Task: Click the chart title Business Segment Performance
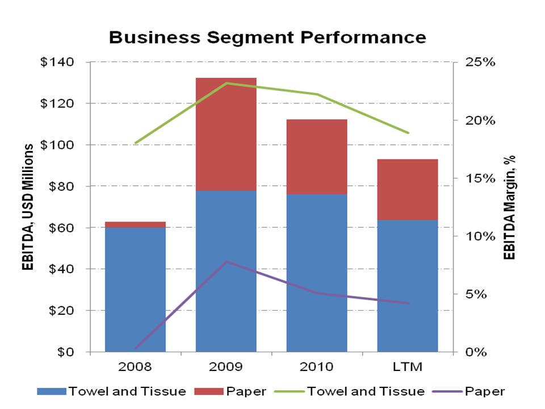(267, 37)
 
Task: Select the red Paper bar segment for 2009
(226, 134)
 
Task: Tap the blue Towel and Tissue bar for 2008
(135, 289)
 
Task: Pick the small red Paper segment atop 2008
(135, 224)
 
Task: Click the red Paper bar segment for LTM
(408, 189)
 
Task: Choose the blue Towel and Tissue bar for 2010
(317, 273)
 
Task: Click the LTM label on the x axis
(408, 366)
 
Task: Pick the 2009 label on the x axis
(226, 366)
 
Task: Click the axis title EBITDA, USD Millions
(27, 207)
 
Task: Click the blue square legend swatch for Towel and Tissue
(52, 391)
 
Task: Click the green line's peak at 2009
(226, 84)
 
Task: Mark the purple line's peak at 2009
(226, 262)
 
